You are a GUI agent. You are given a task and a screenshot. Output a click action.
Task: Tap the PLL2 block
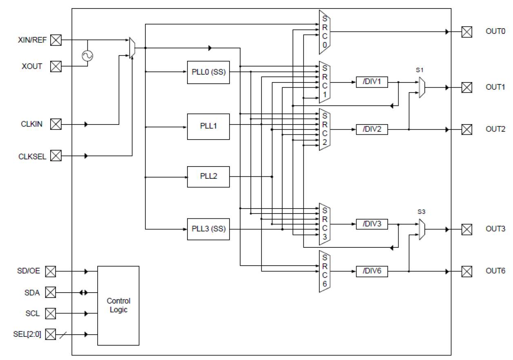[208, 177]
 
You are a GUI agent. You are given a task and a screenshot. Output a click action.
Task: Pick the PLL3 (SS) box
[208, 229]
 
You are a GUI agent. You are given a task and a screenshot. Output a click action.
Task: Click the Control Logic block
[118, 305]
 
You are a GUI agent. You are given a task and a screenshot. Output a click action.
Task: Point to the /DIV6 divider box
[371, 271]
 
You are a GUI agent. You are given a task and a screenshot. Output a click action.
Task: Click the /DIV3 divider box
[371, 224]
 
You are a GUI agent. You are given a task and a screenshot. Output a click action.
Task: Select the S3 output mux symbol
[422, 229]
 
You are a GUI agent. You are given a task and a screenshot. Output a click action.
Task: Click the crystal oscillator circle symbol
[87, 56]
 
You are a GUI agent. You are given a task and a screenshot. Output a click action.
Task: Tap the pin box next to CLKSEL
[56, 156]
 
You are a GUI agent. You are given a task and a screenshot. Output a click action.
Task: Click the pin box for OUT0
[466, 32]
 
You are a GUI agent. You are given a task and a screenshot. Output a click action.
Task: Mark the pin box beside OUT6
[466, 271]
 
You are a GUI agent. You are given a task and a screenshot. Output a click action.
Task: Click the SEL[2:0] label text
[27, 334]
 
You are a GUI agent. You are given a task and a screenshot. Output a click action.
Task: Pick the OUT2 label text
[495, 129]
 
